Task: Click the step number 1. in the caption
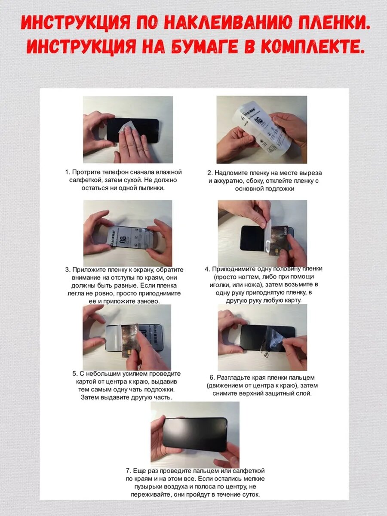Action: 68,172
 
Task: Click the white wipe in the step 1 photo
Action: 127,129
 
